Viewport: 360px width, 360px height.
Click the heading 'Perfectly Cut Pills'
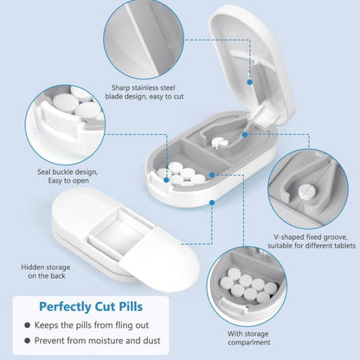(91, 306)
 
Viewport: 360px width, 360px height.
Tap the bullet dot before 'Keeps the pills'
(28, 325)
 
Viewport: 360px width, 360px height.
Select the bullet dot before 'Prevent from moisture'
(28, 341)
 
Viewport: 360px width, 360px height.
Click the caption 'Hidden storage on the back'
(46, 272)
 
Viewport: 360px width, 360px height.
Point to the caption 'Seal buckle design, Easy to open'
(67, 177)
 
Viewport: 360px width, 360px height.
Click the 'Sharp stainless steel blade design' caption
(145, 92)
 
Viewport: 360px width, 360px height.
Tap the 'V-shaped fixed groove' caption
(312, 241)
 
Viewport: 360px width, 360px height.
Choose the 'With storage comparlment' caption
(249, 338)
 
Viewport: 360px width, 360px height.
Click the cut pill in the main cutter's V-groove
(219, 142)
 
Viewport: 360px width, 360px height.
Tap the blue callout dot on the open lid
(250, 82)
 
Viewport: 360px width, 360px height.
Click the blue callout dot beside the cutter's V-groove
(245, 134)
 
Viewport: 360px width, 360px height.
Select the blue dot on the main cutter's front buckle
(166, 180)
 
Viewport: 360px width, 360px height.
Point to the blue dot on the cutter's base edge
(212, 202)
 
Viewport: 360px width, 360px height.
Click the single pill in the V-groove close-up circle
(306, 190)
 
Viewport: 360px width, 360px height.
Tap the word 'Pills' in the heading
(131, 306)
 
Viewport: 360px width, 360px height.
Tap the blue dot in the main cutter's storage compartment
(212, 175)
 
